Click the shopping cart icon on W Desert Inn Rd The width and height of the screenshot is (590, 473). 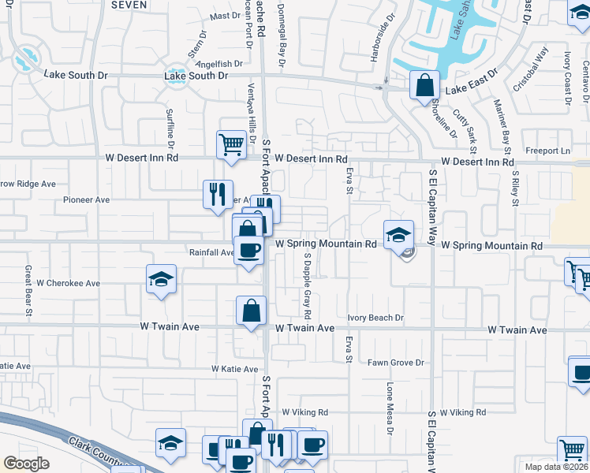(230, 143)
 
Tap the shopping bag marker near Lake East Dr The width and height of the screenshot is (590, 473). (424, 83)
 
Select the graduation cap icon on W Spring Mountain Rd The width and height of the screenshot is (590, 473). (398, 234)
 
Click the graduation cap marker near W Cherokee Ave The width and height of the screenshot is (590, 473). (161, 278)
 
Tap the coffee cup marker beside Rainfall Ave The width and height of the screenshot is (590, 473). (250, 251)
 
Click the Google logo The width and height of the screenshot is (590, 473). (26, 464)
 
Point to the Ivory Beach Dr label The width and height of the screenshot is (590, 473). (375, 318)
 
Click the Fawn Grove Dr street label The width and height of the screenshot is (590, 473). (396, 363)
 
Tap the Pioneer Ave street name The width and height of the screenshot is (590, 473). (86, 200)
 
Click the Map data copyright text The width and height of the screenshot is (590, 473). (556, 467)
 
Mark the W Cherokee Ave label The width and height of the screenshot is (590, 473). (69, 282)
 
